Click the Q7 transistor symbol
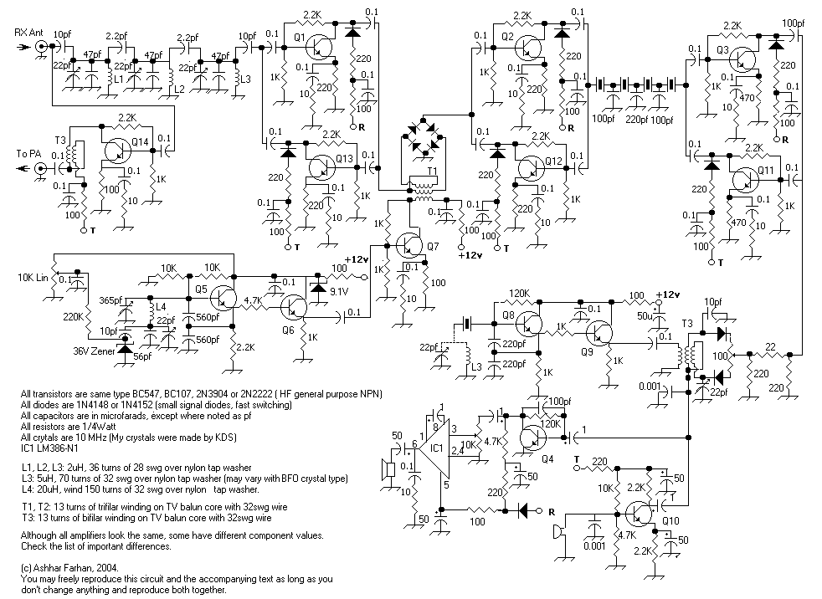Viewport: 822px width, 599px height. (408, 245)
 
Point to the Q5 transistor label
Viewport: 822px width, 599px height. (201, 289)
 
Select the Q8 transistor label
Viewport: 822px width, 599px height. (509, 315)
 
